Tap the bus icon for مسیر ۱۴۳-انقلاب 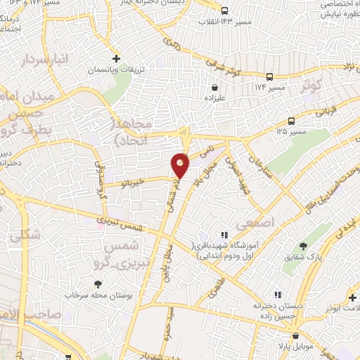point(224,11)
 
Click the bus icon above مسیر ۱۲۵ point(291,121)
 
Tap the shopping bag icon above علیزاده point(214,88)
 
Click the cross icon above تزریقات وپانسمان point(117,59)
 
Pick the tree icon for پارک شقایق point(303,245)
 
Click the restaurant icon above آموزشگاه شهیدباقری point(224,235)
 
